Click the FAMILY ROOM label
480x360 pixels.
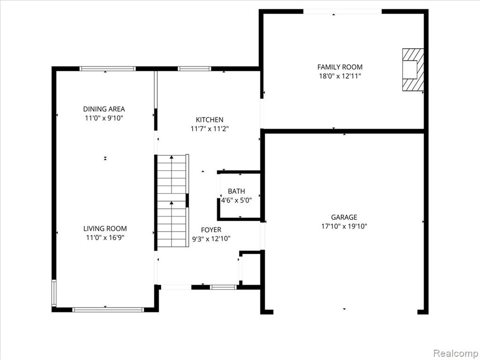[340, 67]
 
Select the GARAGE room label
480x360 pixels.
[344, 217]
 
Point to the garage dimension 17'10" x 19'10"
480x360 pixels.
[344, 226]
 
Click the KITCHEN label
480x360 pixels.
[210, 120]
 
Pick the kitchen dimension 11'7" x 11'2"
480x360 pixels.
[210, 129]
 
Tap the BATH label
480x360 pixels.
[236, 191]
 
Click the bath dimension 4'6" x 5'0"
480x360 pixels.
[236, 201]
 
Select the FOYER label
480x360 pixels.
[211, 230]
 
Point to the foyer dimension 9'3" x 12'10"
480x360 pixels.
[211, 239]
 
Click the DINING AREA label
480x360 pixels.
[104, 109]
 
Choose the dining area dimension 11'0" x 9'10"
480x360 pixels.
[104, 118]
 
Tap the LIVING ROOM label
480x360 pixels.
[105, 228]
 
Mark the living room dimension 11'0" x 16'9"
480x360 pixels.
[105, 238]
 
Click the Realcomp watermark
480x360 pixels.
[456, 353]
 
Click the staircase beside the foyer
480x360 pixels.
[172, 201]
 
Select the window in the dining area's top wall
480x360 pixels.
[107, 68]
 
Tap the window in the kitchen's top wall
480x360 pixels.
[195, 68]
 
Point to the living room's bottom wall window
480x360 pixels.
[108, 309]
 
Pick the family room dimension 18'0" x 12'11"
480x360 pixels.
[340, 76]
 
